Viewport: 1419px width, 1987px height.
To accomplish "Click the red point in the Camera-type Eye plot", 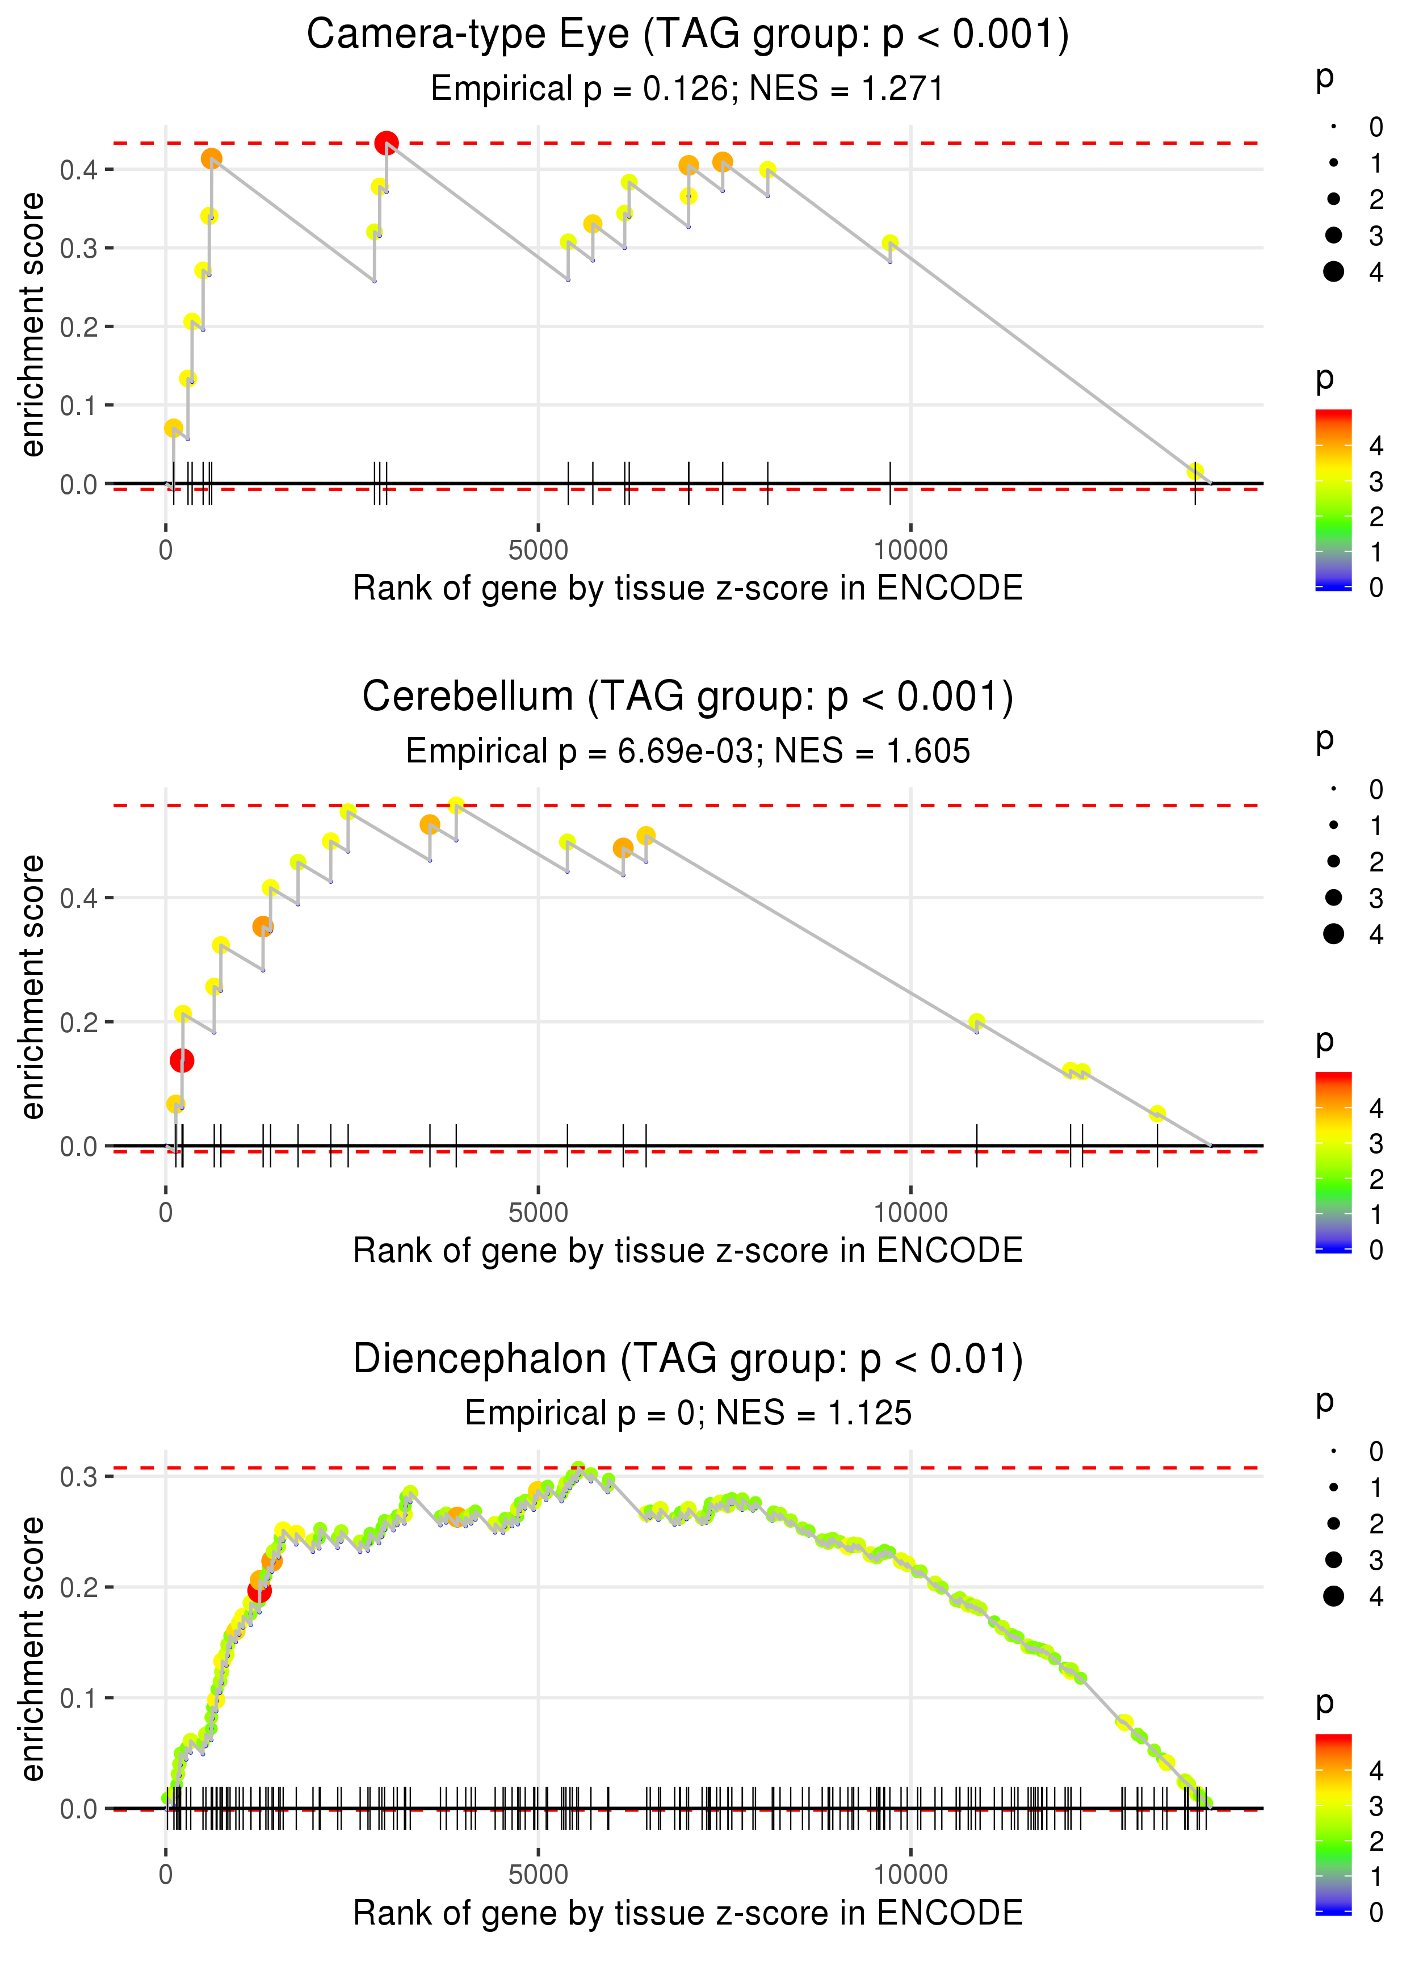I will (x=386, y=142).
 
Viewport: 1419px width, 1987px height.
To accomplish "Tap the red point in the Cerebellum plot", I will (x=182, y=1061).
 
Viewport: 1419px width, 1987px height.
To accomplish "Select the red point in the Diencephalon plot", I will (x=259, y=1591).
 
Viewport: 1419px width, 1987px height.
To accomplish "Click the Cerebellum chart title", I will (x=688, y=697).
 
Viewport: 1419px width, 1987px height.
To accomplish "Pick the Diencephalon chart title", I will (x=688, y=1360).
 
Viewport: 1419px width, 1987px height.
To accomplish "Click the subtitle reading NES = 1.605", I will (x=688, y=752).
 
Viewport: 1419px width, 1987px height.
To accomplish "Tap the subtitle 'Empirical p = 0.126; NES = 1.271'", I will (x=688, y=89).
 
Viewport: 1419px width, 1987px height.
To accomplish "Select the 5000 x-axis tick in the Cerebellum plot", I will (x=538, y=1213).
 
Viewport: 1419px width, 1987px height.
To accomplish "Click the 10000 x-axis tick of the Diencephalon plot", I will (x=910, y=1875).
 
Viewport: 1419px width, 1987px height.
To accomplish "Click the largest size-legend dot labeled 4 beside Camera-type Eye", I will (x=1333, y=272).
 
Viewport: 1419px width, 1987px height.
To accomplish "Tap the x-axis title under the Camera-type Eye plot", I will (x=688, y=589).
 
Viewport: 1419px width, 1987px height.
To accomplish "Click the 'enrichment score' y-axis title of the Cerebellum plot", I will (x=32, y=987).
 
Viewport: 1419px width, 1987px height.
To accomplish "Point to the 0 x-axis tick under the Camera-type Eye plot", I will (x=166, y=551).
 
